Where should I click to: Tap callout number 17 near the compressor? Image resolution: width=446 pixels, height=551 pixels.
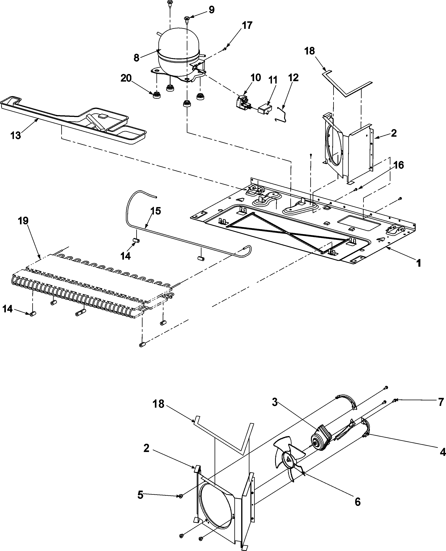tap(247, 25)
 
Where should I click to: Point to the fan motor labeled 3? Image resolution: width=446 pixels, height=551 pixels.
tap(321, 439)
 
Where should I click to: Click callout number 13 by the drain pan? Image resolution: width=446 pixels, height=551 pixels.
tap(15, 135)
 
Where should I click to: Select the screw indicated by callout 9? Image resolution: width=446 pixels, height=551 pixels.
tap(187, 18)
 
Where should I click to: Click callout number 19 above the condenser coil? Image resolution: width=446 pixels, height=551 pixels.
tap(23, 221)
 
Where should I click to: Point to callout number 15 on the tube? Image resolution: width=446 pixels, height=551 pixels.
tap(156, 211)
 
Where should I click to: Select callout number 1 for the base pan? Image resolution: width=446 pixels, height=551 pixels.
tap(419, 263)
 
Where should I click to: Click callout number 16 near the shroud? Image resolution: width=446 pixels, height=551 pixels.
tap(398, 165)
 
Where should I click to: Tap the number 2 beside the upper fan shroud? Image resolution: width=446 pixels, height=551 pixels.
tap(394, 133)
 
